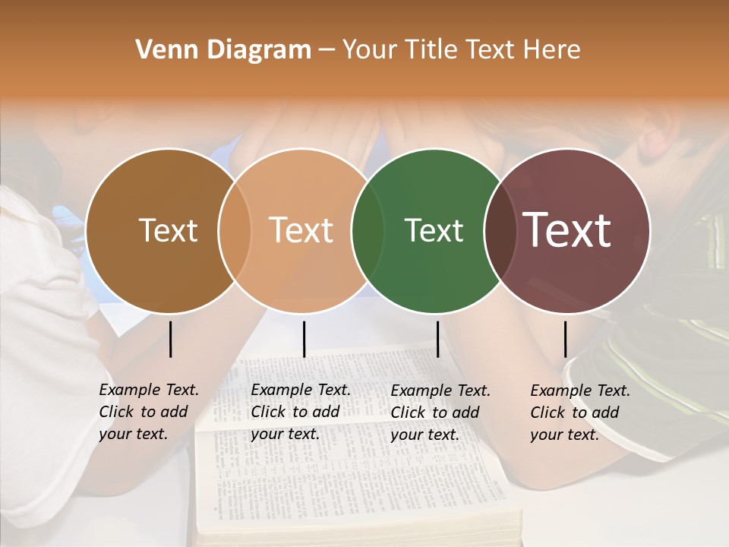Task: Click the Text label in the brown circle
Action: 168,230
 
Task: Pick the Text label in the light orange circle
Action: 301,230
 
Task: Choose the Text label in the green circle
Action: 434,230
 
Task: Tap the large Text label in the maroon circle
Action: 567,230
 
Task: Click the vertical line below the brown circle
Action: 170,339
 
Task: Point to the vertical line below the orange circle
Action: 304,339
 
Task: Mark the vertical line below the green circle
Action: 437,339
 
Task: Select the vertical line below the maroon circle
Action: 565,339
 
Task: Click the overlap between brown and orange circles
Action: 235,231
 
